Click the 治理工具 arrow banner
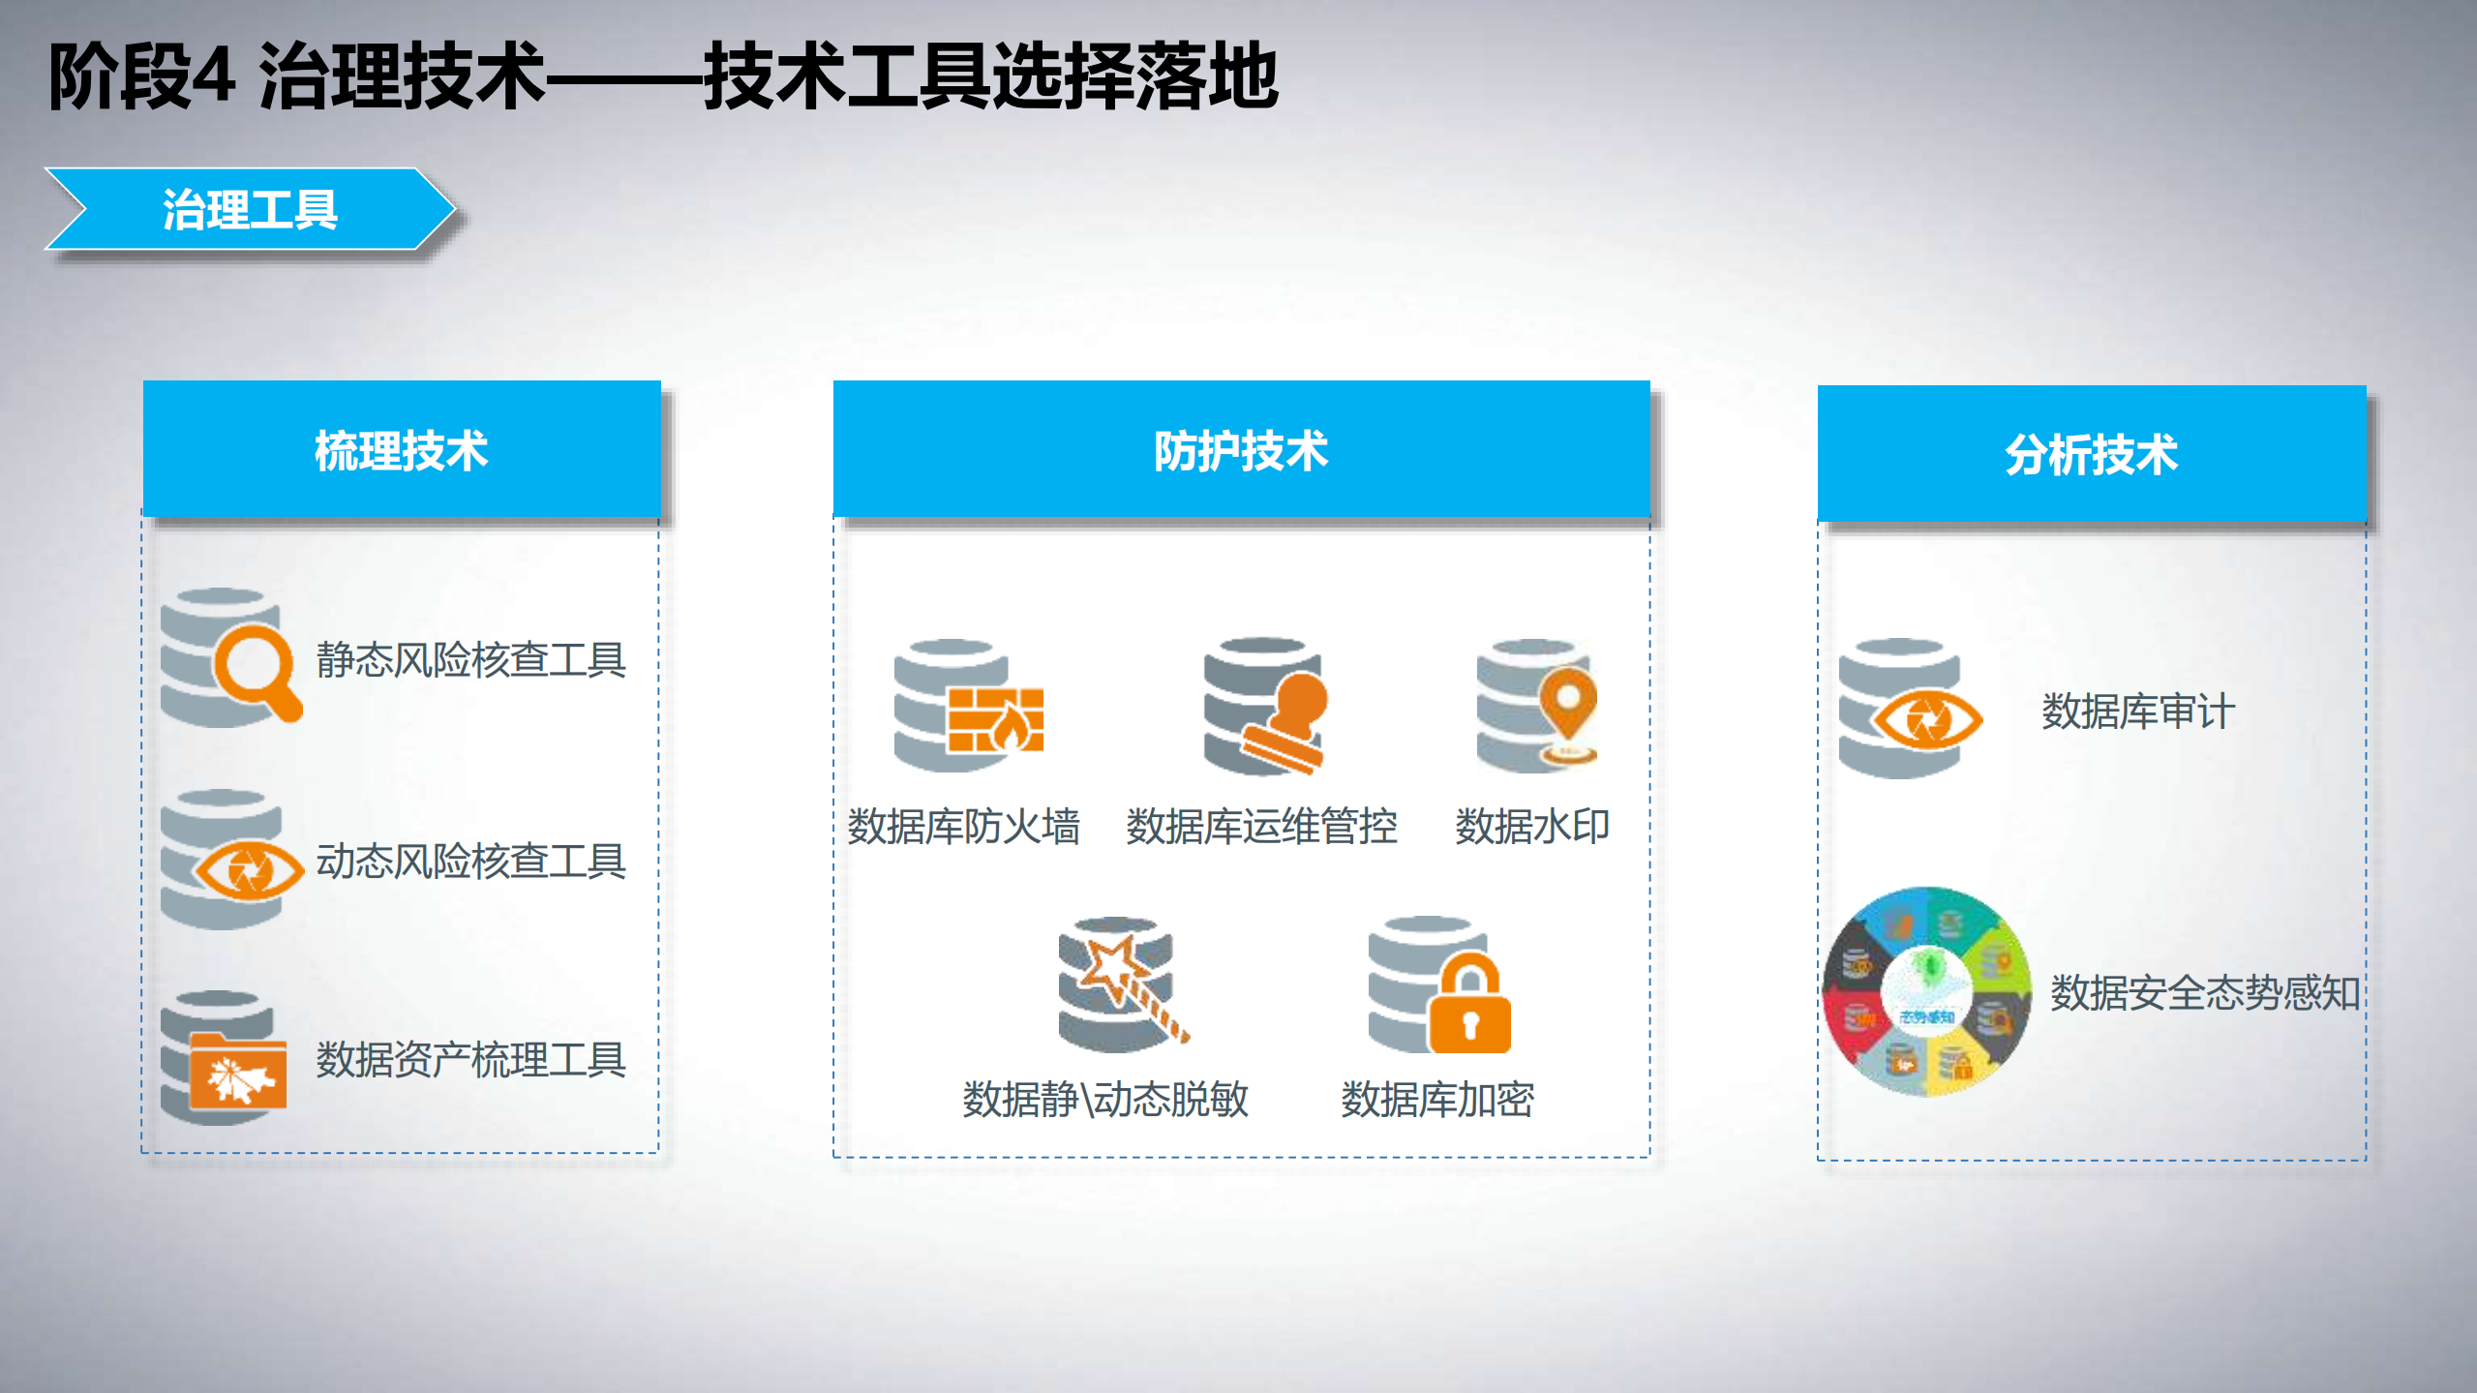(250, 209)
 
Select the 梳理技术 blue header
(402, 450)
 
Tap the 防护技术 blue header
(1241, 450)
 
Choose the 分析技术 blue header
(2091, 454)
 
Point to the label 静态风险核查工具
(471, 660)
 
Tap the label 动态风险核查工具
(471, 861)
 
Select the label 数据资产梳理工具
(471, 1060)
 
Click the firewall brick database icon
(968, 707)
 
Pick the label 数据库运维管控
(1261, 827)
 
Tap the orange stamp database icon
(1266, 707)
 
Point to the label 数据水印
(1532, 827)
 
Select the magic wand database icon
(1121, 984)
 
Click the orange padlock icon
(1469, 1007)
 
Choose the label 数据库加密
(1437, 1100)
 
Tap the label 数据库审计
(2138, 712)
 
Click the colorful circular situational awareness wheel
(1926, 992)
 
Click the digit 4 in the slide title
(212, 76)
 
